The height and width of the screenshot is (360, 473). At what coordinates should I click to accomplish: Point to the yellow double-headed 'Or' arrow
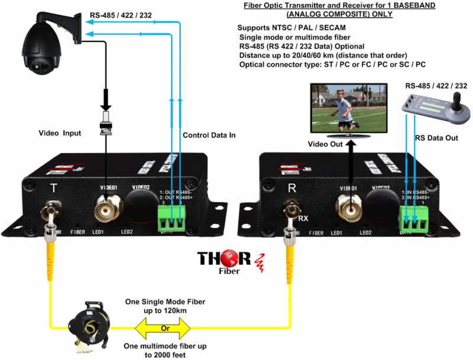click(164, 327)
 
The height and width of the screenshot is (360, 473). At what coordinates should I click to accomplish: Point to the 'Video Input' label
click(59, 134)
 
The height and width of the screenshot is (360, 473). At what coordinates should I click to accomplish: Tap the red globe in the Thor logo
click(241, 258)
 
